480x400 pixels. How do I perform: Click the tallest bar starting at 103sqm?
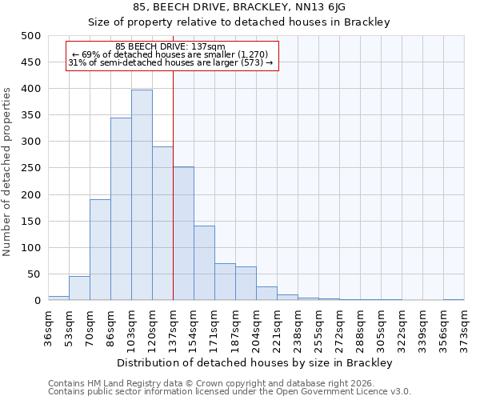click(142, 195)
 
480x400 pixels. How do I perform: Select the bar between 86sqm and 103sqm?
click(121, 209)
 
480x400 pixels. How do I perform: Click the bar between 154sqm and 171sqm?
click(204, 263)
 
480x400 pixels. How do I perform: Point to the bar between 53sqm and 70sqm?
click(79, 288)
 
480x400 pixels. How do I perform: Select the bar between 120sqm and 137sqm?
click(162, 223)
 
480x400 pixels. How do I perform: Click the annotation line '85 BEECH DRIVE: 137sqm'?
click(170, 47)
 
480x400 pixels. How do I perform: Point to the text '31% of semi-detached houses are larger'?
click(170, 62)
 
